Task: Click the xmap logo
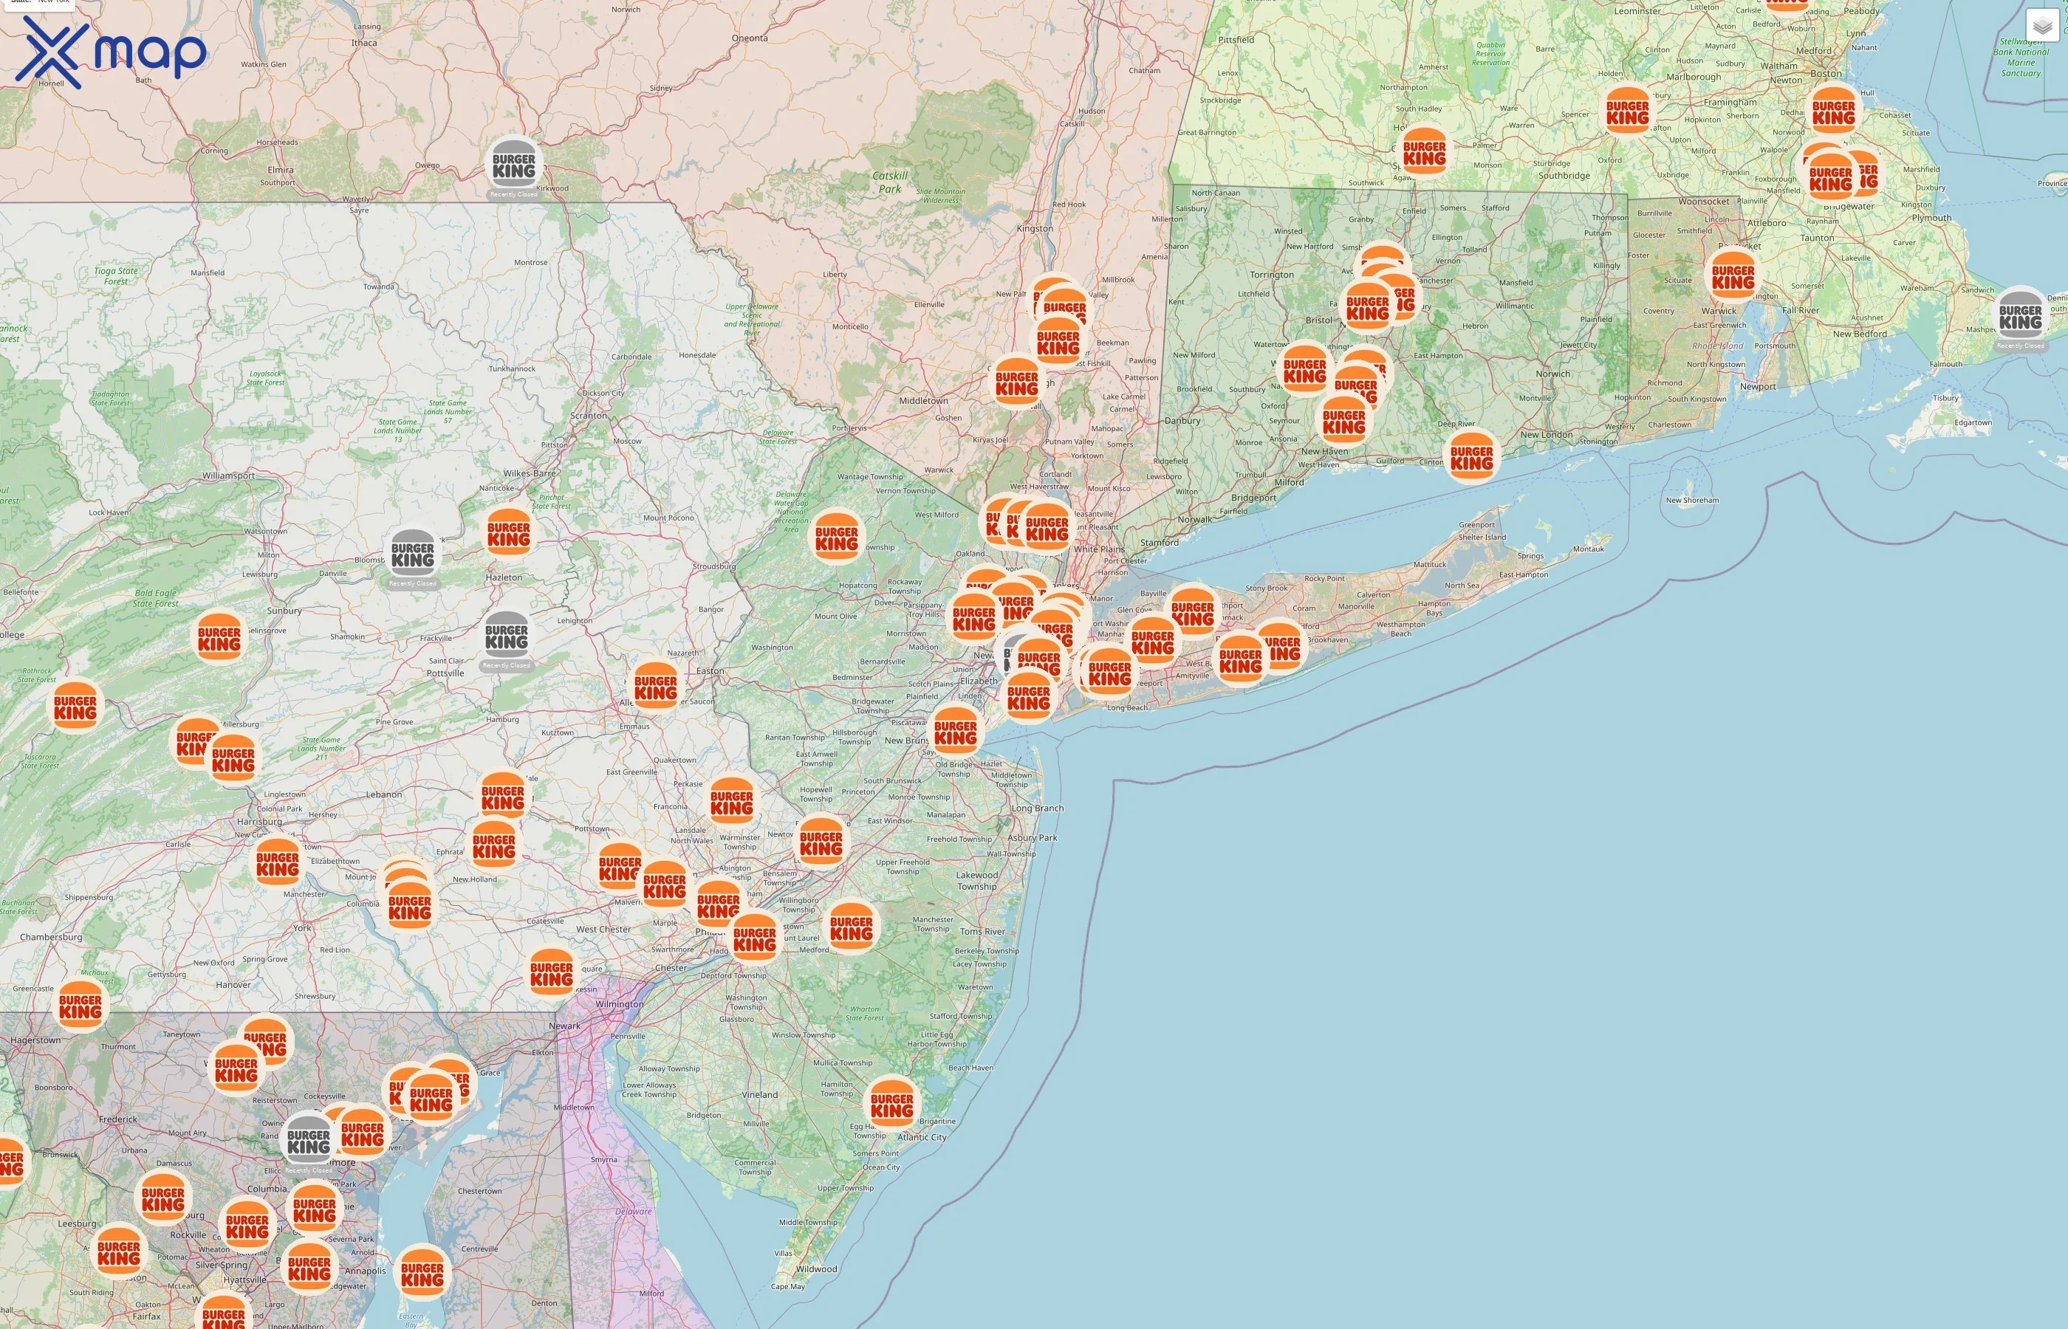tap(111, 52)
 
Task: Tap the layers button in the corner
tap(2042, 26)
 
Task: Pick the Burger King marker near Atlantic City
tap(891, 1105)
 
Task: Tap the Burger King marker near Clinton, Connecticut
tap(1471, 457)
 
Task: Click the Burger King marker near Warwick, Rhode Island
tap(1733, 276)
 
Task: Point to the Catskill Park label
tap(890, 182)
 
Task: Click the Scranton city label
tap(589, 415)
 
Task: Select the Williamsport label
tap(229, 475)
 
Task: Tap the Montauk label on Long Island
tap(1588, 549)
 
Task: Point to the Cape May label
tap(787, 1286)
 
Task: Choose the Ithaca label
tap(364, 42)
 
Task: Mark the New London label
tap(1547, 434)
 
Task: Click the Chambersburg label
tap(52, 937)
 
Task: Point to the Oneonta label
tap(749, 38)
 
